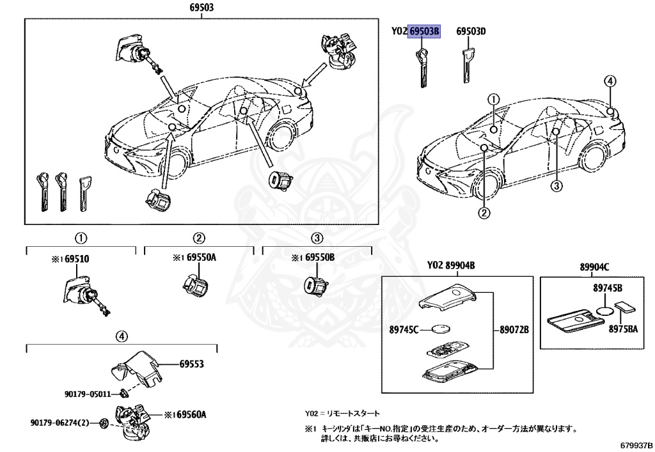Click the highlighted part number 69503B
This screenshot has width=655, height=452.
click(x=425, y=31)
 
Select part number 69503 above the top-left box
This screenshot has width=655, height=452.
click(x=201, y=8)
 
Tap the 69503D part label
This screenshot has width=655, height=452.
click(x=471, y=31)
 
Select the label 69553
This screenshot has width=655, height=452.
click(x=191, y=364)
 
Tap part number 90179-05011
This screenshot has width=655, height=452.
click(x=87, y=394)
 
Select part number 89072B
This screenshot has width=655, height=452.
click(x=515, y=330)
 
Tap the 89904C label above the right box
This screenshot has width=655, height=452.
click(x=595, y=267)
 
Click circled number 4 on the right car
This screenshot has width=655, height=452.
click(x=610, y=81)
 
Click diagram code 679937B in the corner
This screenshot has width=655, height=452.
click(x=636, y=445)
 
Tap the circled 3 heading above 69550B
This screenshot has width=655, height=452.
click(x=317, y=238)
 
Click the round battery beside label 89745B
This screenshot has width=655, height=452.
click(x=604, y=310)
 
